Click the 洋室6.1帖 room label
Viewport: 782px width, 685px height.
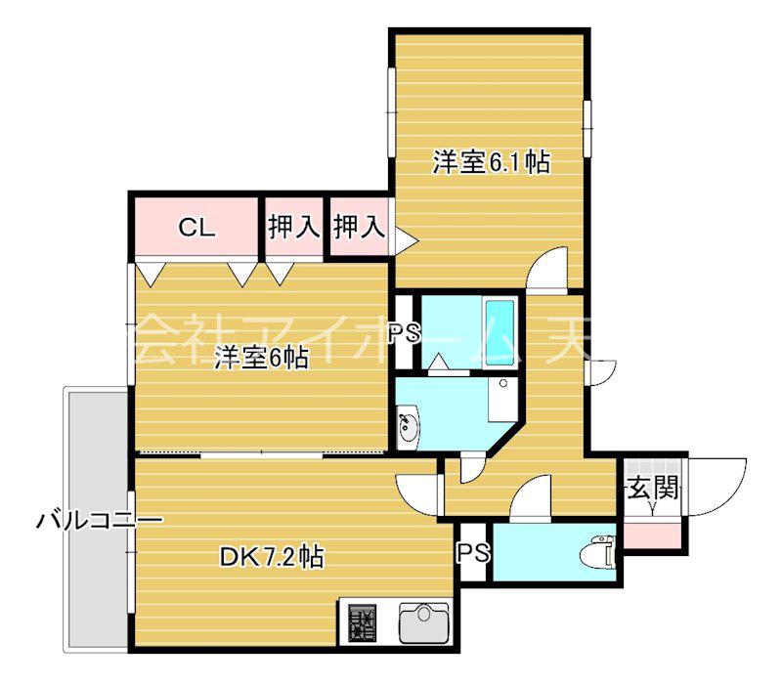tap(492, 161)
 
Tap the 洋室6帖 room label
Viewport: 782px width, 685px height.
tap(261, 357)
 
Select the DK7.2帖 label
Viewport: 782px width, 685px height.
tap(272, 557)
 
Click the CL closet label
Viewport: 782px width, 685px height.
tap(197, 228)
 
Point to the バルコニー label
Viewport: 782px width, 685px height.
tap(100, 521)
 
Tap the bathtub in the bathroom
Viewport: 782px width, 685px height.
tap(500, 333)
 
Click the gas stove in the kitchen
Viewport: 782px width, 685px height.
tap(363, 622)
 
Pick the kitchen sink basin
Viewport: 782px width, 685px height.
tap(424, 622)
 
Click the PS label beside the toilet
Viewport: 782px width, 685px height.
tap(473, 552)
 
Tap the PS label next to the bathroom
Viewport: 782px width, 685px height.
tap(405, 333)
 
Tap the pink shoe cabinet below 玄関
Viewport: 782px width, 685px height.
tap(652, 535)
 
